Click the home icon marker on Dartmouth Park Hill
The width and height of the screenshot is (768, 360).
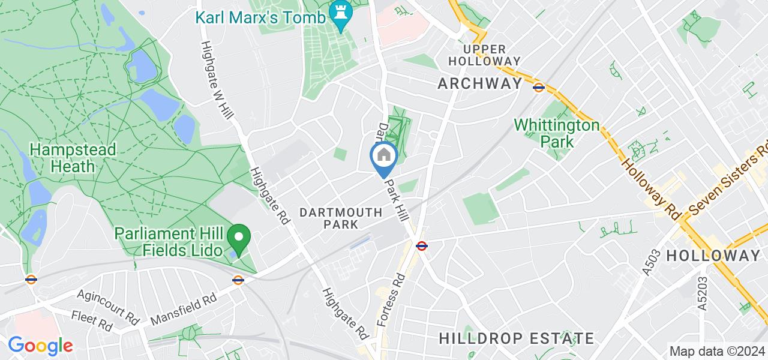point(384,157)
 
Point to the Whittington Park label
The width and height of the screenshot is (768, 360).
point(557,133)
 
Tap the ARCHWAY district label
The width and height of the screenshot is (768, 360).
point(480,84)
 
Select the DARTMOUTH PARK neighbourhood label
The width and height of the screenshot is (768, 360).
point(341,218)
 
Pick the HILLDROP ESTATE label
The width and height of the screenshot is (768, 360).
point(517,338)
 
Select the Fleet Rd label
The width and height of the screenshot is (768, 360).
point(91,321)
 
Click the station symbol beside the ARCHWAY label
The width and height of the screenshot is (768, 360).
point(539,87)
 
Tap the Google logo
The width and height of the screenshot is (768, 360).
point(40,346)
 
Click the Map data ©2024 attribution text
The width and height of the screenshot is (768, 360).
point(717,351)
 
